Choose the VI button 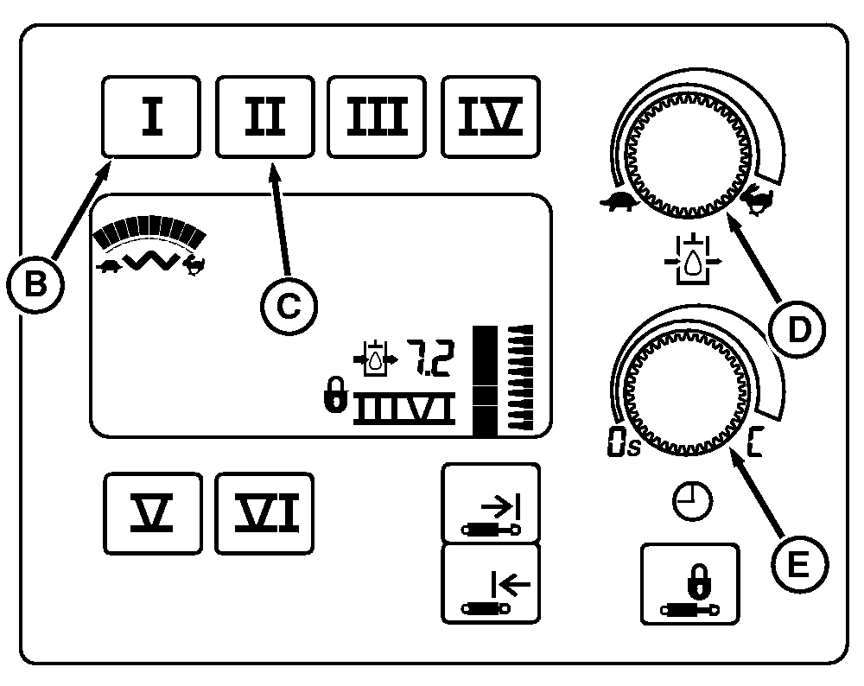264,513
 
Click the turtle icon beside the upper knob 620,203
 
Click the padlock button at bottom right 689,583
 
